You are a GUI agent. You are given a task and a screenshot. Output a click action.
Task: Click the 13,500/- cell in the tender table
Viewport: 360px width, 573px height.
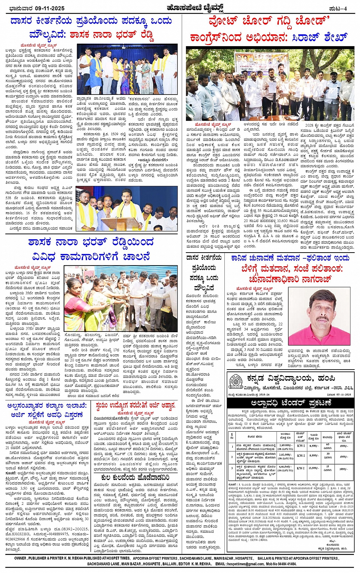(314, 468)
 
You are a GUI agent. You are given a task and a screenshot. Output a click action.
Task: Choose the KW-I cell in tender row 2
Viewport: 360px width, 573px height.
(301, 456)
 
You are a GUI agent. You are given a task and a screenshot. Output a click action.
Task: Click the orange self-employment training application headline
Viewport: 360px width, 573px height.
(136, 406)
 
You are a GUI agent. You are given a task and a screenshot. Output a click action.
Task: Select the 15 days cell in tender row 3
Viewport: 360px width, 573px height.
(328, 468)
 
